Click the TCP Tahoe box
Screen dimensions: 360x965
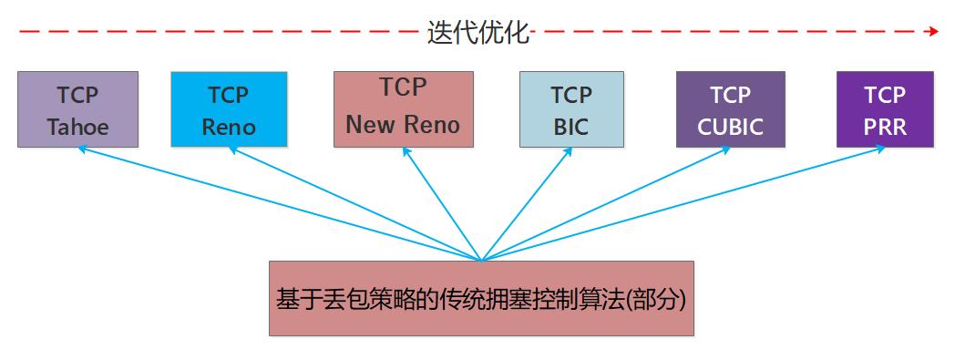pyautogui.click(x=77, y=109)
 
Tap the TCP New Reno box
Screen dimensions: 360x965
pyautogui.click(x=404, y=108)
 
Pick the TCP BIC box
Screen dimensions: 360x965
pyautogui.click(x=571, y=109)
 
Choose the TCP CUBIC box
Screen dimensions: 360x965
pyautogui.click(x=730, y=109)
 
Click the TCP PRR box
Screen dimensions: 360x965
pyautogui.click(x=885, y=109)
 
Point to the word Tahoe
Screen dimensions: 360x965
pyautogui.click(x=77, y=126)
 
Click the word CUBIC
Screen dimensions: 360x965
pyautogui.click(x=730, y=126)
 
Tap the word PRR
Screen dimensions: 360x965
pyautogui.click(x=885, y=126)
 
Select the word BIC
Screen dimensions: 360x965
pyautogui.click(x=571, y=126)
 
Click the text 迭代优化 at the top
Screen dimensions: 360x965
pyautogui.click(x=478, y=33)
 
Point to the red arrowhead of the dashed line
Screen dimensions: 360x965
pyautogui.click(x=932, y=31)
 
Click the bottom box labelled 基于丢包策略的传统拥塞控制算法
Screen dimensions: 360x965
pyautogui.click(x=481, y=298)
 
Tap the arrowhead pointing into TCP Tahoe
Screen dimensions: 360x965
pyautogui.click(x=81, y=149)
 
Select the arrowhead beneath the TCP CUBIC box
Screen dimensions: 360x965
pyautogui.click(x=725, y=149)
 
